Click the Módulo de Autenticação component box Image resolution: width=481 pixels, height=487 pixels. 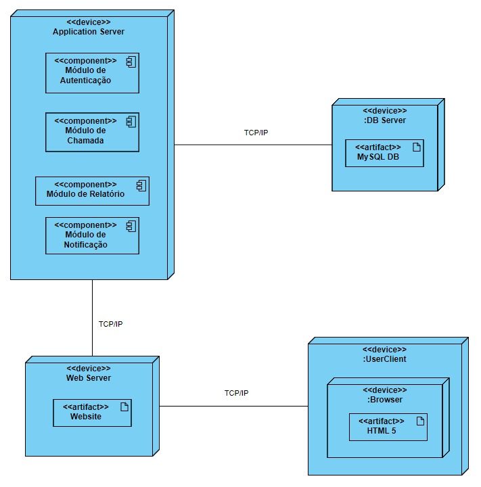pyautogui.click(x=92, y=73)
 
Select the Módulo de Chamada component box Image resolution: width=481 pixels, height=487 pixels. pyautogui.click(x=92, y=132)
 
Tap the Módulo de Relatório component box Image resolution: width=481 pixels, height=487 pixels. pyautogui.click(x=92, y=191)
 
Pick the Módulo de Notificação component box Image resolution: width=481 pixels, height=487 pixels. pyautogui.click(x=92, y=235)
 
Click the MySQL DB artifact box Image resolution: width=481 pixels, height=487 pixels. pyautogui.click(x=384, y=154)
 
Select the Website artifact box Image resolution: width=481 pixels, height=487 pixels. pyautogui.click(x=92, y=413)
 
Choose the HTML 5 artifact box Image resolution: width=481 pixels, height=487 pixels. pyautogui.click(x=388, y=427)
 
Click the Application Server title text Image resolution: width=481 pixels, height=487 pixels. pyautogui.click(x=88, y=32)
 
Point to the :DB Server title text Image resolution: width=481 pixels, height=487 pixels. pyautogui.click(x=384, y=120)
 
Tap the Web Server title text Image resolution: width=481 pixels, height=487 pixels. pyautogui.click(x=88, y=377)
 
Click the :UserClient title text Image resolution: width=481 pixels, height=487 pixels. pyautogui.click(x=384, y=359)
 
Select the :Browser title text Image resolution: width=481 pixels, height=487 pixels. pyautogui.click(x=384, y=399)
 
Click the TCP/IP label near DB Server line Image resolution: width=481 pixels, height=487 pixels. pyautogui.click(x=256, y=133)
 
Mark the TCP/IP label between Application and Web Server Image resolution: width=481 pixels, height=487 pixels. pyautogui.click(x=110, y=324)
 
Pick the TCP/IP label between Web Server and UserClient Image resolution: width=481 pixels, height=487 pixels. pyautogui.click(x=236, y=393)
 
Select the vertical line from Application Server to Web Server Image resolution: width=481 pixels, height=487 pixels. pyautogui.click(x=93, y=318)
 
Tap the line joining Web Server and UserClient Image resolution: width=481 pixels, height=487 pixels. pyautogui.click(x=233, y=407)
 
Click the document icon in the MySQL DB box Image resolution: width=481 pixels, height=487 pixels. pyautogui.click(x=417, y=147)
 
